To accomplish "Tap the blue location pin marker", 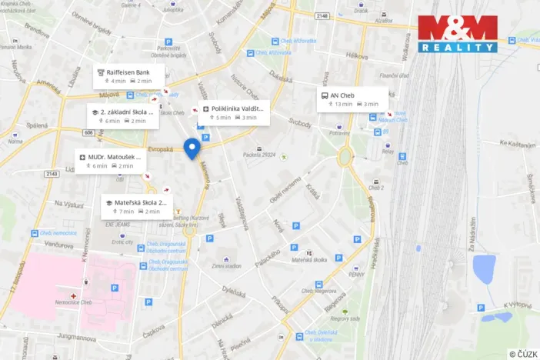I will (193, 146).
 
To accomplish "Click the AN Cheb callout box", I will (352, 99).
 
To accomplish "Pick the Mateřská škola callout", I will (138, 206).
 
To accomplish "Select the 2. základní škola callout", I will (122, 115).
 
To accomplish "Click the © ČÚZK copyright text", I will (523, 353).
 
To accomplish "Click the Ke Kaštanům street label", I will (515, 143).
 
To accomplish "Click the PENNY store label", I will (355, 272).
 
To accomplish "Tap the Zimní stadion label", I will (226, 265).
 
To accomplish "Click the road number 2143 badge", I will (52, 174).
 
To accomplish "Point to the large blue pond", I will (484, 268).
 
